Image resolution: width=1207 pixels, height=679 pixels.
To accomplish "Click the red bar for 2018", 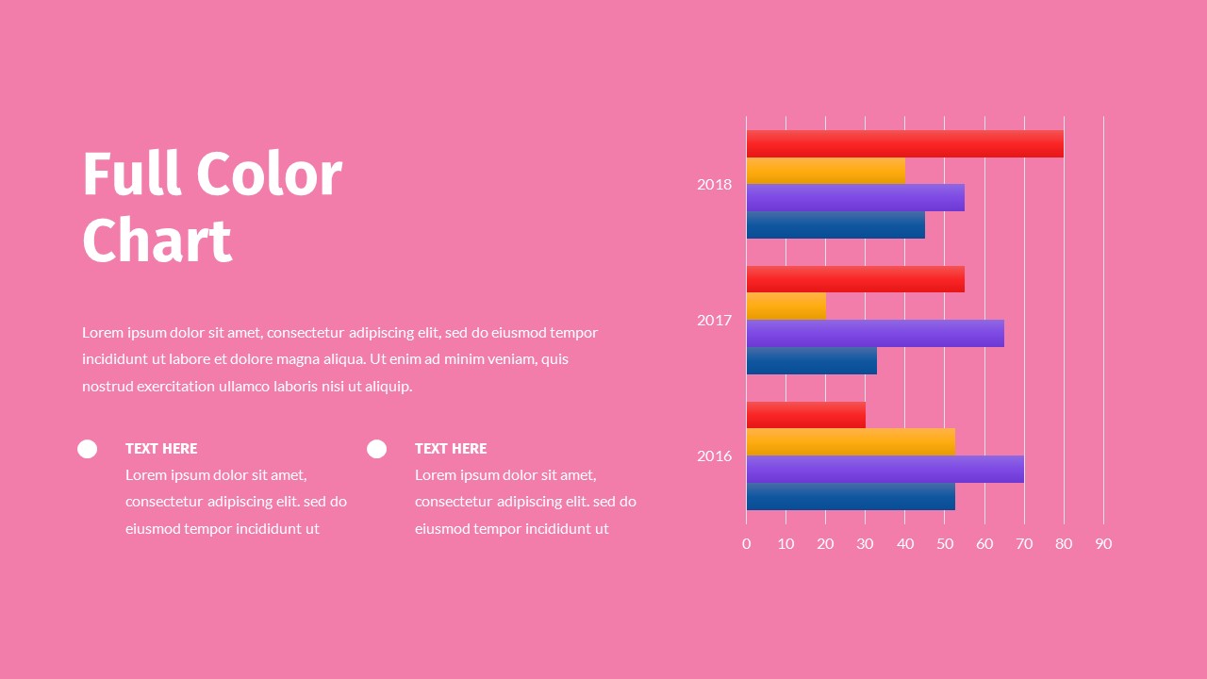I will pos(904,143).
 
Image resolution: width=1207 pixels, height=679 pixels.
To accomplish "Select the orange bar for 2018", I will pos(825,171).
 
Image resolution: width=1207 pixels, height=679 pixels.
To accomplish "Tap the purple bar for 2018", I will pos(855,197).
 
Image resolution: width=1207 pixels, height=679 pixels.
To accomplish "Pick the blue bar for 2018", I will pos(835,224).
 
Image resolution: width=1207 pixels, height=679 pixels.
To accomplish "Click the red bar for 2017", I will pos(855,279).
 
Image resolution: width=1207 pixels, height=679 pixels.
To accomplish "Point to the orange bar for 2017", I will pos(785,306).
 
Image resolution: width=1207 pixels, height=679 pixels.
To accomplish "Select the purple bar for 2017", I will pos(875,333).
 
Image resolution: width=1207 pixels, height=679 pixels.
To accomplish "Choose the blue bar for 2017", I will pos(811,360).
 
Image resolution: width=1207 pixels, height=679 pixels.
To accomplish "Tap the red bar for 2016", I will pos(805,415).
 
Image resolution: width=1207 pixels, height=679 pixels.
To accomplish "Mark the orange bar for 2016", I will pos(851,442).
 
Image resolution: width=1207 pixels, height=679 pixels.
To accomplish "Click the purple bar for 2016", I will pos(885,469).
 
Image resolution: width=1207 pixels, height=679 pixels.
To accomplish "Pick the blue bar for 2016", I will pos(851,496).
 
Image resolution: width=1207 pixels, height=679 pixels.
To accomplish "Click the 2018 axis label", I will pos(714,184).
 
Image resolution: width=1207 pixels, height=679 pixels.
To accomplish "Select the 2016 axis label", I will pos(714,455).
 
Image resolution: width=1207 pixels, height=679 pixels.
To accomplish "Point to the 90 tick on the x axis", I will pos(1103,543).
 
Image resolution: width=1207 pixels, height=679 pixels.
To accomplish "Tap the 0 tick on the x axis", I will pos(746,543).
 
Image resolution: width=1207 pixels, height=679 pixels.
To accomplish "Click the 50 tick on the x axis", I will pos(944,543).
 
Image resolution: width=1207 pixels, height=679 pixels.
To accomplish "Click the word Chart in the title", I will pos(157,240).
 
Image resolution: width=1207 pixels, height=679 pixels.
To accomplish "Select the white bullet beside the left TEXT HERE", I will pos(87,449).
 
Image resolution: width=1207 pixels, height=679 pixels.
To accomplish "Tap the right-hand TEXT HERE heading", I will pos(451,449).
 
